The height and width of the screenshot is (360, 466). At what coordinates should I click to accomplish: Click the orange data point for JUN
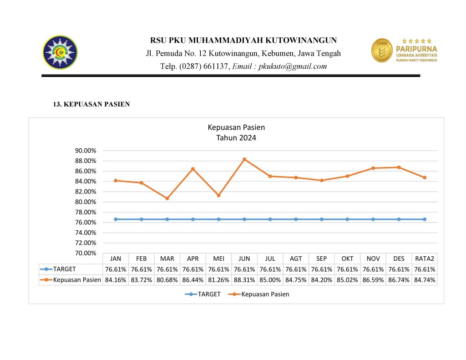point(244,159)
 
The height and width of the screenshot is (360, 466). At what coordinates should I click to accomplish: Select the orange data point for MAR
point(167,198)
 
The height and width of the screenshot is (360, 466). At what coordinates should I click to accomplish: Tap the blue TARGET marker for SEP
point(322,219)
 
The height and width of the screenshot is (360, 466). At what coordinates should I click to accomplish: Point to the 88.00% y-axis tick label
point(86,161)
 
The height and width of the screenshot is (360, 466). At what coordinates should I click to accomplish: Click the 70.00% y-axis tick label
point(86,253)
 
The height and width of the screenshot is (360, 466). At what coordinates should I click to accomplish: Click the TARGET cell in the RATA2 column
point(425,269)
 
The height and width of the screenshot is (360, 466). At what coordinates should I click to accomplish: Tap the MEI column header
point(218,259)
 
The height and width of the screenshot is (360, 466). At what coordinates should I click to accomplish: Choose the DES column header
point(399,259)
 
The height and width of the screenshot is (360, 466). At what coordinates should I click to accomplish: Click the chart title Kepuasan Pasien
point(236,127)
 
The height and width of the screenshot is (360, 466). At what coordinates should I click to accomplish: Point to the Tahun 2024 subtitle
point(236,137)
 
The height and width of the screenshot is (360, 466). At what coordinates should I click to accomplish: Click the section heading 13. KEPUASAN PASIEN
point(91,104)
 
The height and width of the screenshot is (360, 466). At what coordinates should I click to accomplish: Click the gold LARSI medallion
point(382,50)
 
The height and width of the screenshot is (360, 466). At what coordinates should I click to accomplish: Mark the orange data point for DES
point(399,167)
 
